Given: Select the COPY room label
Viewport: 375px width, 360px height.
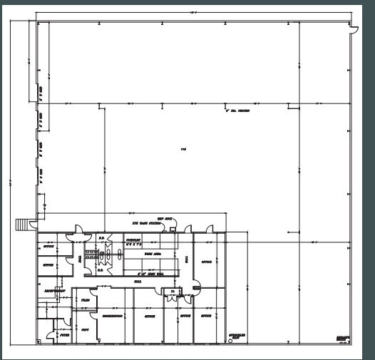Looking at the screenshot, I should point(85,330).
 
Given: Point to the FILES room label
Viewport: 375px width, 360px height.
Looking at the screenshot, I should point(84,302).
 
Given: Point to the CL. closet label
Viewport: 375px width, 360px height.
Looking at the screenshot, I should point(172,291).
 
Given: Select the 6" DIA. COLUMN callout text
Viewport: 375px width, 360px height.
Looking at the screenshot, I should point(237,111).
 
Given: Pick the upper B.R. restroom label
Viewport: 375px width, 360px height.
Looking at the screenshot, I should point(101,239).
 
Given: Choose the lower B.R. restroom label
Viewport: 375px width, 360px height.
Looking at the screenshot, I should point(101,270).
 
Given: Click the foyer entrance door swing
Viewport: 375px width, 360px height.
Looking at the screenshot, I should point(48,335).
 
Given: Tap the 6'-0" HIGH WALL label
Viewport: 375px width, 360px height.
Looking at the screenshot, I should point(151,273).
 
